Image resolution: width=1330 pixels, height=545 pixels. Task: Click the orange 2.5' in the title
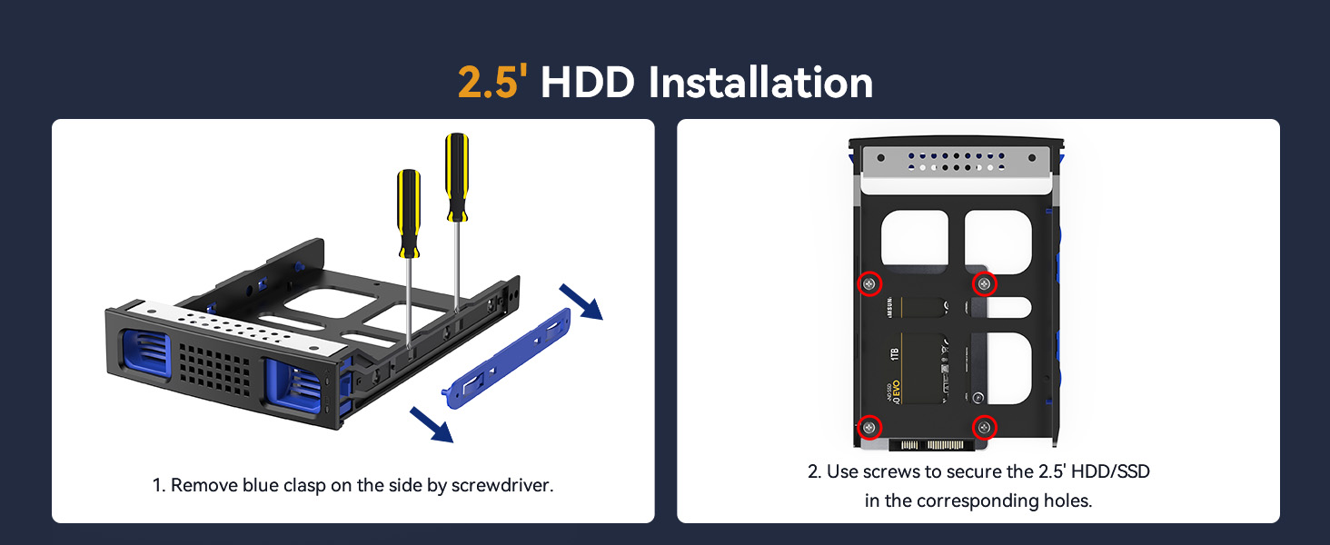pos(492,82)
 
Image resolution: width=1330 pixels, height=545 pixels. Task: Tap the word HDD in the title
pos(588,82)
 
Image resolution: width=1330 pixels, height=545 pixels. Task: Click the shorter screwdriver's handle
pos(410,207)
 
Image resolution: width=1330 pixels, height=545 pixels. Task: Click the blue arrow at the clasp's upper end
pos(581,302)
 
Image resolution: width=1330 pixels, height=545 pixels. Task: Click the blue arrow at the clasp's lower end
pos(432,423)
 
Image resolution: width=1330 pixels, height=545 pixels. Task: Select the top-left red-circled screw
pos(870,284)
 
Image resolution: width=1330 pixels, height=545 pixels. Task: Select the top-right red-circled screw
pos(985,284)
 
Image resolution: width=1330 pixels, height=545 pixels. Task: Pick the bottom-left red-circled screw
pos(870,427)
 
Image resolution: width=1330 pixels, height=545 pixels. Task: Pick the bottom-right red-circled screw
pos(985,427)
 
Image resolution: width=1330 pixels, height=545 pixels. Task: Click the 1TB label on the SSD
pos(894,354)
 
